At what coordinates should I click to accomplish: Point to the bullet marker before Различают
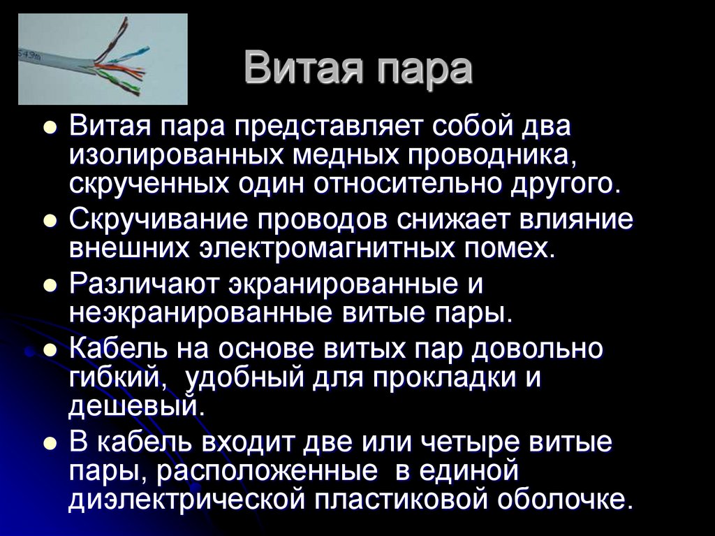pos(49,285)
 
